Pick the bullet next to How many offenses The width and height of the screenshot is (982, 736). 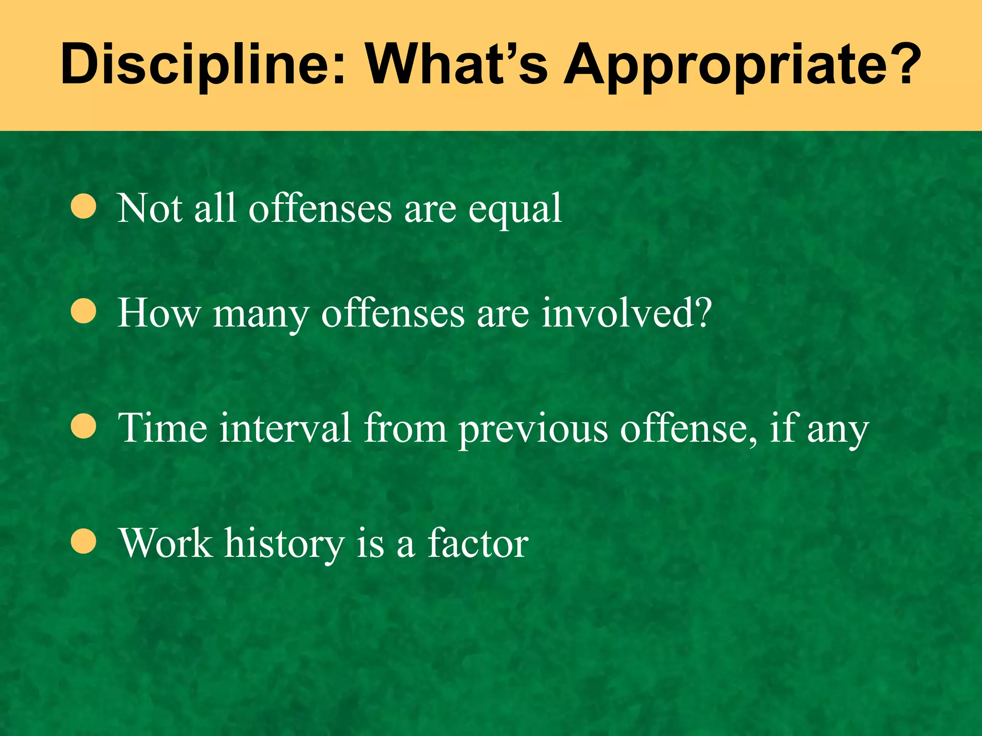pos(83,312)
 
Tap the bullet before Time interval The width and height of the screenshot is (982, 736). pos(83,426)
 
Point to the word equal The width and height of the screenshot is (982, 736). pos(515,210)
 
